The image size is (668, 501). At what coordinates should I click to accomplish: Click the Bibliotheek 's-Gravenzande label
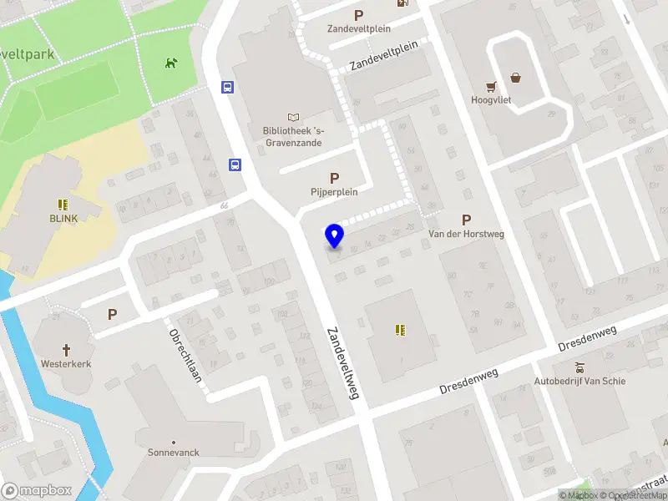point(293,136)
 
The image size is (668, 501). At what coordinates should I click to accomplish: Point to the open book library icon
point(293,117)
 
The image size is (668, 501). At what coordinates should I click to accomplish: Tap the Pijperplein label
point(334,191)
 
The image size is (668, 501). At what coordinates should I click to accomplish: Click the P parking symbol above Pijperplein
point(334,178)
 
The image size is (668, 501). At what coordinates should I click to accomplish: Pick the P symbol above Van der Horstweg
point(466,220)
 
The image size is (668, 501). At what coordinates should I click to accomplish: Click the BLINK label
point(63,219)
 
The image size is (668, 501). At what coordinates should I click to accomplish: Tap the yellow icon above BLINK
point(63,205)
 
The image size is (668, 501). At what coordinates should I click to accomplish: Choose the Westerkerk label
point(66,364)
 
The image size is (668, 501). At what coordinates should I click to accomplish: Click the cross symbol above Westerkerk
point(66,350)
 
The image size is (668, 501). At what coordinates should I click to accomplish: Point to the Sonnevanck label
point(174,452)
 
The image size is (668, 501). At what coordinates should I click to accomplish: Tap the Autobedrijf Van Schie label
point(579,382)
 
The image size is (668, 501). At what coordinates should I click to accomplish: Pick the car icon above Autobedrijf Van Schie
point(579,367)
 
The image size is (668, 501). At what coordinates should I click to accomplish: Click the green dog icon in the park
point(171,63)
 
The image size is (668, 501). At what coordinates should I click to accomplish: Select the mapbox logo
point(37,491)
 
